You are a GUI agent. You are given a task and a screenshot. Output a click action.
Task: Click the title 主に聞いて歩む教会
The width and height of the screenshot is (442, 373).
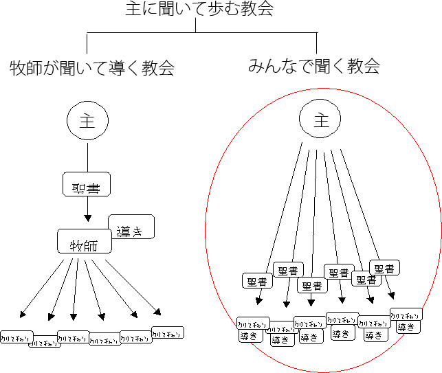(200, 9)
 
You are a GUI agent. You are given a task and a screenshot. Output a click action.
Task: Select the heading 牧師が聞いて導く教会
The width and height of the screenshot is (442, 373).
(92, 68)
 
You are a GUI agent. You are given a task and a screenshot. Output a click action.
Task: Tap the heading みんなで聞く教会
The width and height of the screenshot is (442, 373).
(314, 66)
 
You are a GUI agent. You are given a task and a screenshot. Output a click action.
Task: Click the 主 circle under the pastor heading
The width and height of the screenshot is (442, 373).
(87, 121)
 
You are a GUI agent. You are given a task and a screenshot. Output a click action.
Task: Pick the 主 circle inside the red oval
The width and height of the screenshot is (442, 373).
(321, 121)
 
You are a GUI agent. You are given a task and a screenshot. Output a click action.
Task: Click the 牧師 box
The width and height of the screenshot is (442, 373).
(84, 242)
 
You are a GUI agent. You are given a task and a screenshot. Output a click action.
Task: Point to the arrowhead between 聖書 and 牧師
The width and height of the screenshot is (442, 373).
(87, 218)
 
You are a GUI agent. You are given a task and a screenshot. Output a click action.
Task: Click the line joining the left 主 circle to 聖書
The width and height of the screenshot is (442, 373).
(87, 157)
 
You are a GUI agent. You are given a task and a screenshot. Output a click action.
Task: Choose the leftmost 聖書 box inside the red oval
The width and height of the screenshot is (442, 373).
(258, 281)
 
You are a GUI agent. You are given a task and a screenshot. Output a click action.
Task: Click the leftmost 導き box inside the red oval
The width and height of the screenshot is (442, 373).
(249, 337)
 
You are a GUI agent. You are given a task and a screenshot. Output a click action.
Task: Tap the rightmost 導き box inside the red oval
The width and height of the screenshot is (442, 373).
(406, 326)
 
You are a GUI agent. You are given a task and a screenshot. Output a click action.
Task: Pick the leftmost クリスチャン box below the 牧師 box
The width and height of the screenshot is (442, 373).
(16, 337)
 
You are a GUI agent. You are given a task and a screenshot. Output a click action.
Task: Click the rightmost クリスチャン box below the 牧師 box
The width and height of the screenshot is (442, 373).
(168, 332)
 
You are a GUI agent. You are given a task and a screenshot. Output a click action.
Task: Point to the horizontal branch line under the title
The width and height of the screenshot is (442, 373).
(199, 32)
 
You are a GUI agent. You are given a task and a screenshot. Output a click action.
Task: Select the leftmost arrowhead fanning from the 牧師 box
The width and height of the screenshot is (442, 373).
(23, 315)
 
